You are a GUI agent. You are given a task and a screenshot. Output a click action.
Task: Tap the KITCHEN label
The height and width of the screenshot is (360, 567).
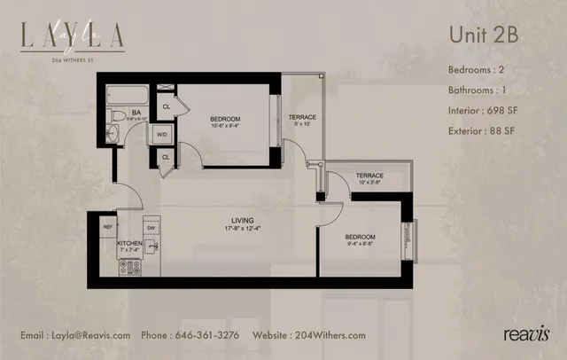tap(129, 243)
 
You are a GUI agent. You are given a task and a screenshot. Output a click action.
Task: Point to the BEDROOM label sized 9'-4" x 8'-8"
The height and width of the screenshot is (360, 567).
tap(360, 237)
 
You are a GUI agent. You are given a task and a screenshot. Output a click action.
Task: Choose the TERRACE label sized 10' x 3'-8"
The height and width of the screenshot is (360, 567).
tap(369, 176)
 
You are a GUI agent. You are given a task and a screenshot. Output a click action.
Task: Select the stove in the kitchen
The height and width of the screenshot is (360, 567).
tap(129, 267)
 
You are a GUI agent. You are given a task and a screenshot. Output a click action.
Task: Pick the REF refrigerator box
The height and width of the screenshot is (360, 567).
tap(106, 227)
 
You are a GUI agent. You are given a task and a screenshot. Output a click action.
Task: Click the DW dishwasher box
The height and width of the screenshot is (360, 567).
tap(151, 227)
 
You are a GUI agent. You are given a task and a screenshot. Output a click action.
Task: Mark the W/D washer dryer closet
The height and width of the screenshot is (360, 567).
tap(162, 134)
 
